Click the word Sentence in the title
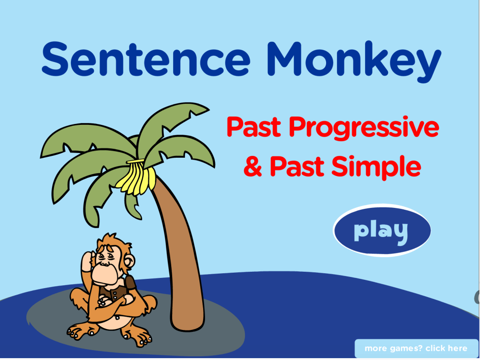[146, 59]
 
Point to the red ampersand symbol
[253, 166]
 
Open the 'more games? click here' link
[416, 348]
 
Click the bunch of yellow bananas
[136, 177]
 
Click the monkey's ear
[129, 262]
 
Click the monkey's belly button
[117, 318]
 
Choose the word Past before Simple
[297, 166]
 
